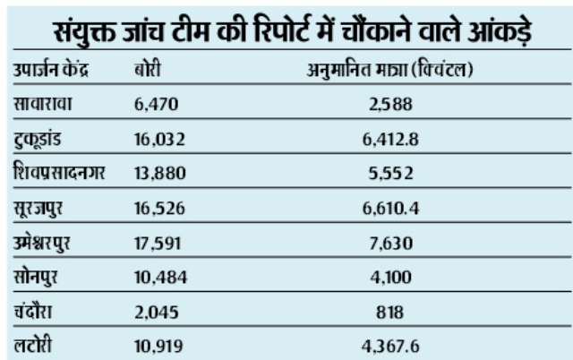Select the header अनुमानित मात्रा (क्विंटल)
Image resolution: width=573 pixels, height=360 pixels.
point(388,70)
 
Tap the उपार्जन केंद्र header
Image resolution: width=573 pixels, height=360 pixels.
point(58,70)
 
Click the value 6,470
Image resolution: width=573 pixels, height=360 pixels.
point(156,106)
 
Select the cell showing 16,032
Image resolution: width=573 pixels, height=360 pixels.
point(160,140)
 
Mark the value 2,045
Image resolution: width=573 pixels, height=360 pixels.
point(156,310)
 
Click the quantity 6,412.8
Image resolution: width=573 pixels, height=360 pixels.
point(388,140)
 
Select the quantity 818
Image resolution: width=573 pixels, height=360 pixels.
point(388,310)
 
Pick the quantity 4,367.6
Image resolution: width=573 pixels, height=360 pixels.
point(388,344)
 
